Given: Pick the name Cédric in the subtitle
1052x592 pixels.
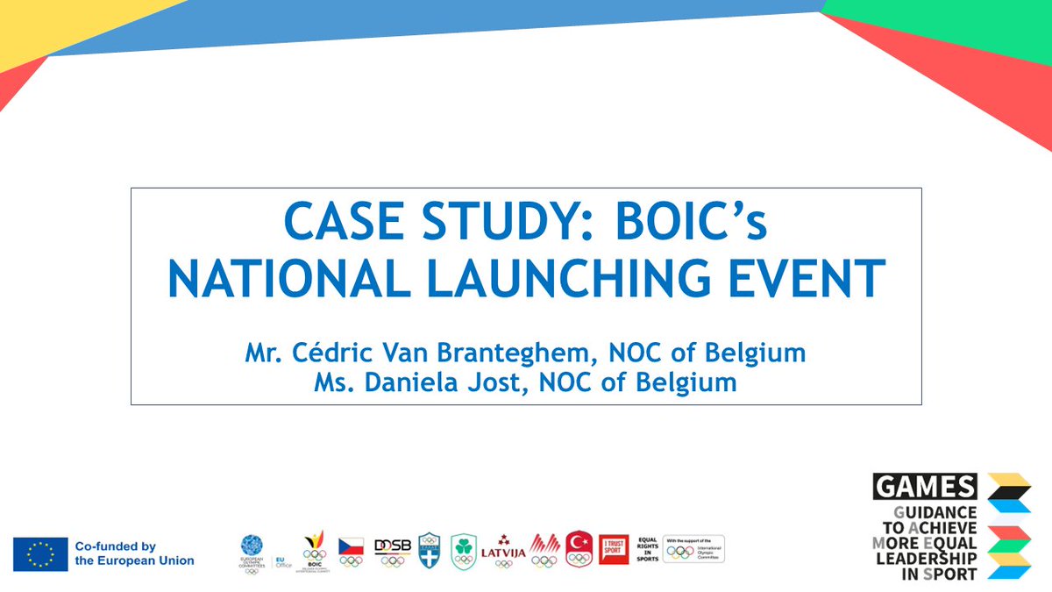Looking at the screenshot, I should pyautogui.click(x=331, y=354).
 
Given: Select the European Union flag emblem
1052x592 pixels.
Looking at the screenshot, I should pyautogui.click(x=40, y=554).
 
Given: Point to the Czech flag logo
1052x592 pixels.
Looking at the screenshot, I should pyautogui.click(x=352, y=550).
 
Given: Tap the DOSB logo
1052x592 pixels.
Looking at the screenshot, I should pyautogui.click(x=393, y=550).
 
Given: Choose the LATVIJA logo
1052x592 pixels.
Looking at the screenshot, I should pyautogui.click(x=503, y=552).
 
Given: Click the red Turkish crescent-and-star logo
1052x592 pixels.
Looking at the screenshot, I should pyautogui.click(x=580, y=549).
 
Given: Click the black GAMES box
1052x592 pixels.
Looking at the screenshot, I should pyautogui.click(x=925, y=487).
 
